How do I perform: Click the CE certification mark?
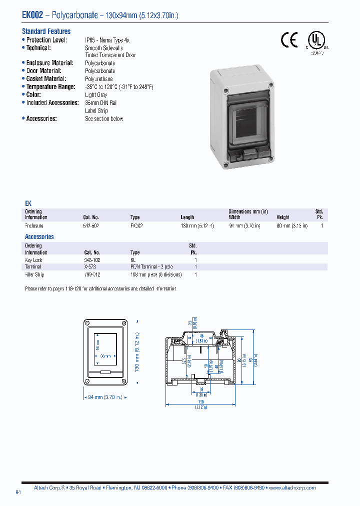click(x=289, y=40)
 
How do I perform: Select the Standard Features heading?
click(x=46, y=31)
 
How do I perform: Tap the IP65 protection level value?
click(x=107, y=40)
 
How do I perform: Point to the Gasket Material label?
click(x=48, y=79)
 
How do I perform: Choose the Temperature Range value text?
click(x=119, y=87)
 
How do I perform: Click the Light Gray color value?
click(x=96, y=95)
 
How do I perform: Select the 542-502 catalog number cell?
click(x=91, y=226)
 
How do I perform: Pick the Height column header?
click(x=283, y=217)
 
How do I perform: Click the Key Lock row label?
click(x=33, y=260)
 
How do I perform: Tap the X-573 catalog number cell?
click(x=90, y=267)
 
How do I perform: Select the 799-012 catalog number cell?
click(x=91, y=274)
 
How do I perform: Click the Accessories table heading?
click(x=39, y=237)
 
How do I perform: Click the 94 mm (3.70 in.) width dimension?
click(x=105, y=397)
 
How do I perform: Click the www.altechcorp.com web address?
click(x=296, y=487)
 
